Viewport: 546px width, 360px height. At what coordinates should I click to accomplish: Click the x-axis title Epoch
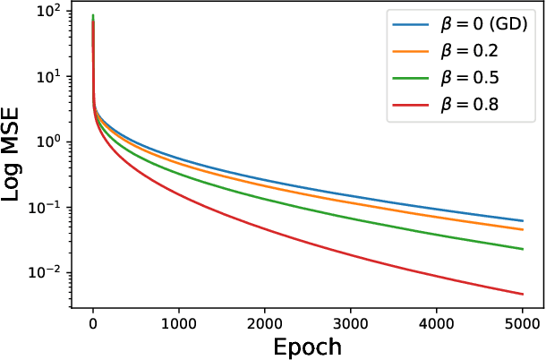pos(307,346)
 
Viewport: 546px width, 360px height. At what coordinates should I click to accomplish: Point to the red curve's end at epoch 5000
pos(522,294)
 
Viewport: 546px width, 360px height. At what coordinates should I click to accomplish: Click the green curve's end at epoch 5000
pos(522,249)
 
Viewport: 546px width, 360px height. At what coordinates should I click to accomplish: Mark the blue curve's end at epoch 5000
pos(522,221)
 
